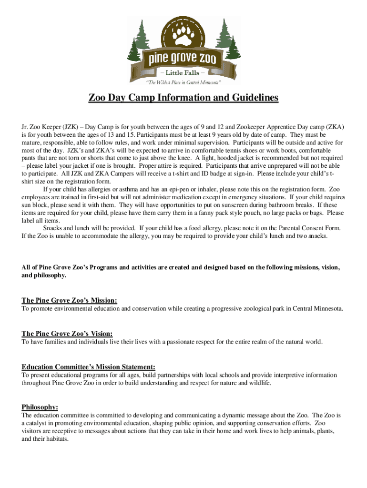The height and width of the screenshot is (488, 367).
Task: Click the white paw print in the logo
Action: (x=183, y=35)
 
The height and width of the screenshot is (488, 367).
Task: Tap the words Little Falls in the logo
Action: (x=183, y=73)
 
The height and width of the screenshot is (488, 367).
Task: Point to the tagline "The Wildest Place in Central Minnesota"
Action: (x=183, y=82)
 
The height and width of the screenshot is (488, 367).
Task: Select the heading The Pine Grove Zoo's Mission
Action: (x=70, y=300)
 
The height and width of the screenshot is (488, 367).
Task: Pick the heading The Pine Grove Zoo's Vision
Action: (x=67, y=334)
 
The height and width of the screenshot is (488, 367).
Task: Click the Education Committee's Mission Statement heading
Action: (x=88, y=367)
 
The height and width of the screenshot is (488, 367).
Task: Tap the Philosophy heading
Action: (x=40, y=407)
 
